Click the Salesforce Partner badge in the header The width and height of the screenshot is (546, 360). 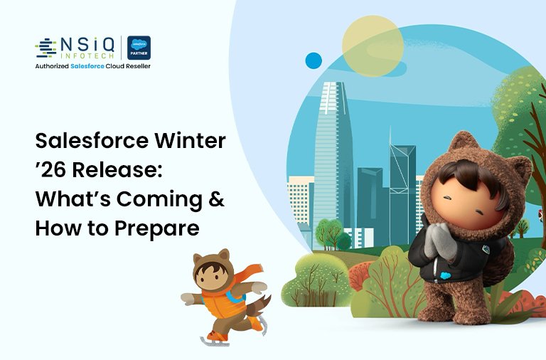click(139, 47)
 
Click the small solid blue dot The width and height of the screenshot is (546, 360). click(314, 60)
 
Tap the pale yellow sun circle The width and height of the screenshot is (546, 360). click(373, 48)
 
